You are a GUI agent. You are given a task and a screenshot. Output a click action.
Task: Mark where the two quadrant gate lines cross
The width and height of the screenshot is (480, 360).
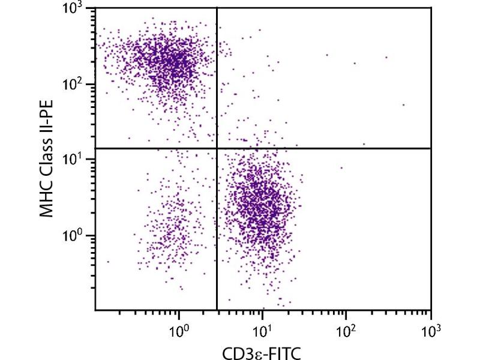click(x=216, y=148)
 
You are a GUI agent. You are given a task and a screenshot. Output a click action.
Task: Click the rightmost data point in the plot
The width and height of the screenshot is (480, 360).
click(x=403, y=104)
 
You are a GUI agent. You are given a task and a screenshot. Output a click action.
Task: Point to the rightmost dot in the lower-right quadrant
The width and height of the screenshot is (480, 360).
click(x=341, y=168)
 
